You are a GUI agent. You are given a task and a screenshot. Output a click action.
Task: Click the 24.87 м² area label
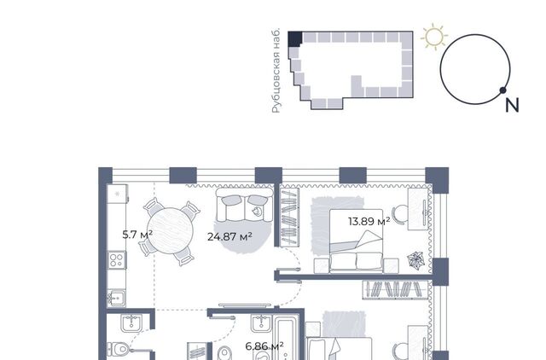pos(229,237)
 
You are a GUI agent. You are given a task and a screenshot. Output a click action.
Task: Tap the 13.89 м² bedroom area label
pos(369,221)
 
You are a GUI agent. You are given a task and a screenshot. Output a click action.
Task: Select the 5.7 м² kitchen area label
pos(137,235)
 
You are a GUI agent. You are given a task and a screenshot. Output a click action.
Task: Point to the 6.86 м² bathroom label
pos(264,346)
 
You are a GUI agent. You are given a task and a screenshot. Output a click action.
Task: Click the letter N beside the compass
pos(512,105)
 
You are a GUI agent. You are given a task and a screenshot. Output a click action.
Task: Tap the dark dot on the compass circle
pos(502,90)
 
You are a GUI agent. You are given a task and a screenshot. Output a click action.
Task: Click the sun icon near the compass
pos(434,36)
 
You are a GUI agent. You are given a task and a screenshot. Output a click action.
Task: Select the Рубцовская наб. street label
pos(276,71)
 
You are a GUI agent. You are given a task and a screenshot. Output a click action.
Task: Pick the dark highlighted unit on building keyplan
pos(294,38)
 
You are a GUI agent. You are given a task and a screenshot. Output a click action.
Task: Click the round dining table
pos(170,230)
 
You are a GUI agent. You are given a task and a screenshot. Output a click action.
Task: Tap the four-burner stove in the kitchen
pos(117,259)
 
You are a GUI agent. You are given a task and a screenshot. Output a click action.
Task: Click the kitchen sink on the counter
pos(116,299)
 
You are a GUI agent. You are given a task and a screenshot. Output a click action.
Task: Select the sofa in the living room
pos(245,205)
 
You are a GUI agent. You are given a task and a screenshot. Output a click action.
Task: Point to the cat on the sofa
pos(257,211)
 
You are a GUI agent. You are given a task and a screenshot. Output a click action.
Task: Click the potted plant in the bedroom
pos(416,259)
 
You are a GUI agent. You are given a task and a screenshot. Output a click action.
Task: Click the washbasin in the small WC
pos(131,323)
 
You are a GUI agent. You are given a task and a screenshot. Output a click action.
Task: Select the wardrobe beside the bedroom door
pos(290,218)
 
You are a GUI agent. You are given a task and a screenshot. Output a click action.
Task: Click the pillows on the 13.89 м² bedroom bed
pos(356,261)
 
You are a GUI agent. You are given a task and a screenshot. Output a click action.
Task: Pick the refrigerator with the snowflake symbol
pos(118,194)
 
